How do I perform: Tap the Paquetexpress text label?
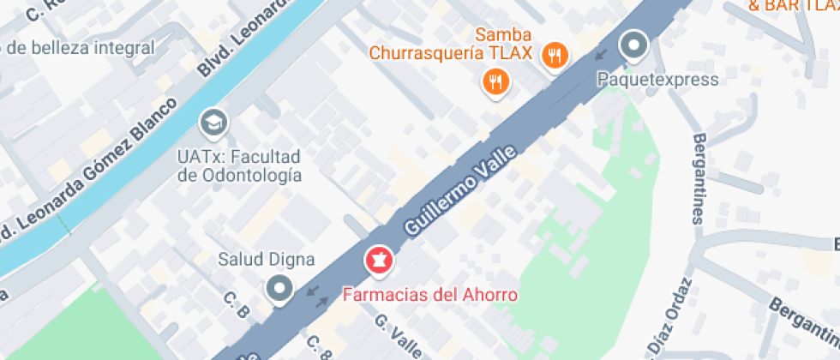click(x=657, y=80)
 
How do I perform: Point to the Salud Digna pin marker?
click(x=279, y=289)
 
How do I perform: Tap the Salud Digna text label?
click(x=266, y=260)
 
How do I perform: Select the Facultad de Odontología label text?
click(x=239, y=166)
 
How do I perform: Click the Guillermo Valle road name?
click(x=460, y=191)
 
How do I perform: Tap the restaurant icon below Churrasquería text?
click(x=495, y=82)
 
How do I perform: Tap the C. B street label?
click(x=236, y=306)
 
